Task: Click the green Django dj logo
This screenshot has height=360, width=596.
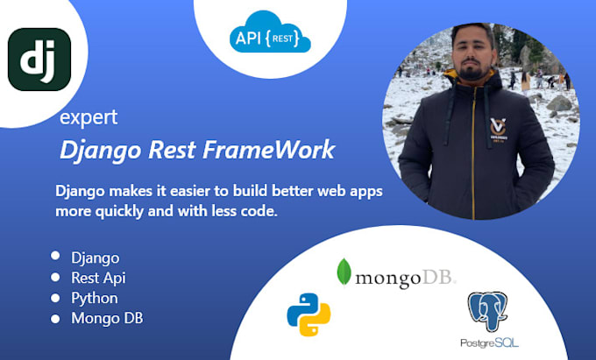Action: click(39, 60)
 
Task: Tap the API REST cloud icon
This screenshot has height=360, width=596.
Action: click(272, 38)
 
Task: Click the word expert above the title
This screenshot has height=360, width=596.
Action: click(89, 117)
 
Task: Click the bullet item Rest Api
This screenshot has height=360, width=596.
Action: click(99, 278)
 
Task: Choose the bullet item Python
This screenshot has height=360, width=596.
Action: click(95, 298)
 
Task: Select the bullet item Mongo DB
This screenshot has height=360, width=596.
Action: click(107, 318)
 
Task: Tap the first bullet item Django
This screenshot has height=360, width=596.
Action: click(96, 258)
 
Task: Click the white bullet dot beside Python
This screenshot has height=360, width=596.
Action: click(56, 297)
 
